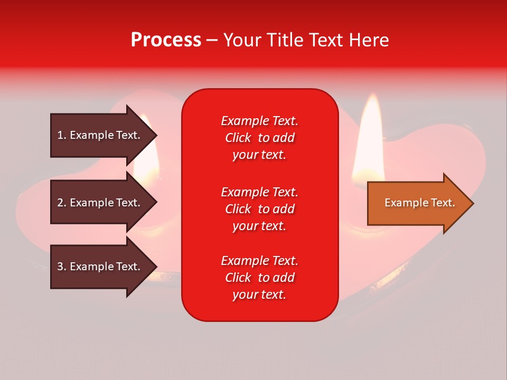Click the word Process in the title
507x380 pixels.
pos(166,40)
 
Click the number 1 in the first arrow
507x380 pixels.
pos(60,135)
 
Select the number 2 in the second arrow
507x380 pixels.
pos(60,203)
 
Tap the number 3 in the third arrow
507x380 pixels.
pos(60,267)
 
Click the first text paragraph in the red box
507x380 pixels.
pos(259,138)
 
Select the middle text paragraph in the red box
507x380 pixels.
pos(259,209)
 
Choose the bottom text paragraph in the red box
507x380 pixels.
pos(259,278)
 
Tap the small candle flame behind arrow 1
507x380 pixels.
pos(148,158)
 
